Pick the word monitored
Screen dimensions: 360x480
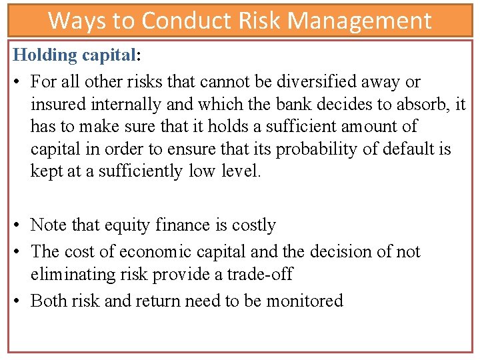[x=305, y=301]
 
